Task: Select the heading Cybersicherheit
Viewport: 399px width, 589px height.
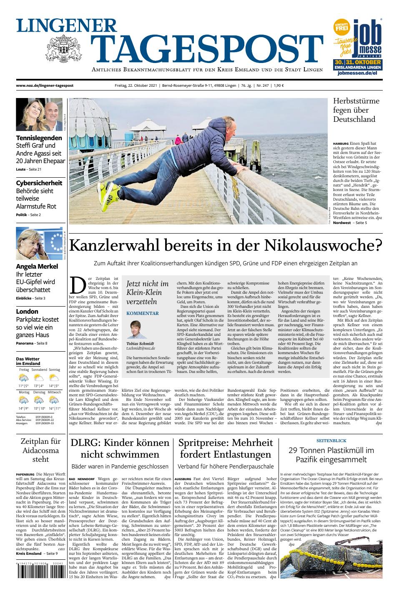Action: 39,183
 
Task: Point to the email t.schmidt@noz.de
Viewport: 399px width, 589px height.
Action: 141,348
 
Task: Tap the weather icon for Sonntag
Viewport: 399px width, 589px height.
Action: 53,378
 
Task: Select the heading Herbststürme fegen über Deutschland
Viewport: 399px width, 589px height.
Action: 354,110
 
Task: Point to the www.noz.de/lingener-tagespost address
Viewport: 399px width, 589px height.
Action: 45,86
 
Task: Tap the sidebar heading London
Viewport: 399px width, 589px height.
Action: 27,311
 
